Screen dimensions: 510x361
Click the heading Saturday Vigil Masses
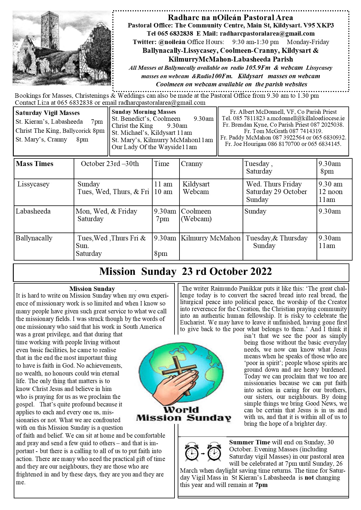[48, 113]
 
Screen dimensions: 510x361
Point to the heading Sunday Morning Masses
[144, 112]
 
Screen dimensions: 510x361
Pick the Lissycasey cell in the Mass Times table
[33, 184]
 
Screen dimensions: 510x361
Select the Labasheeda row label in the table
[33, 211]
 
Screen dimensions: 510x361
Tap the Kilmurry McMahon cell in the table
[210, 238]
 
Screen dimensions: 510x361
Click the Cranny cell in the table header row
[191, 164]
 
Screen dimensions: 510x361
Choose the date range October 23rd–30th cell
[110, 164]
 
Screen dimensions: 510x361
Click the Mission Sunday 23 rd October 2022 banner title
[185, 272]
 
